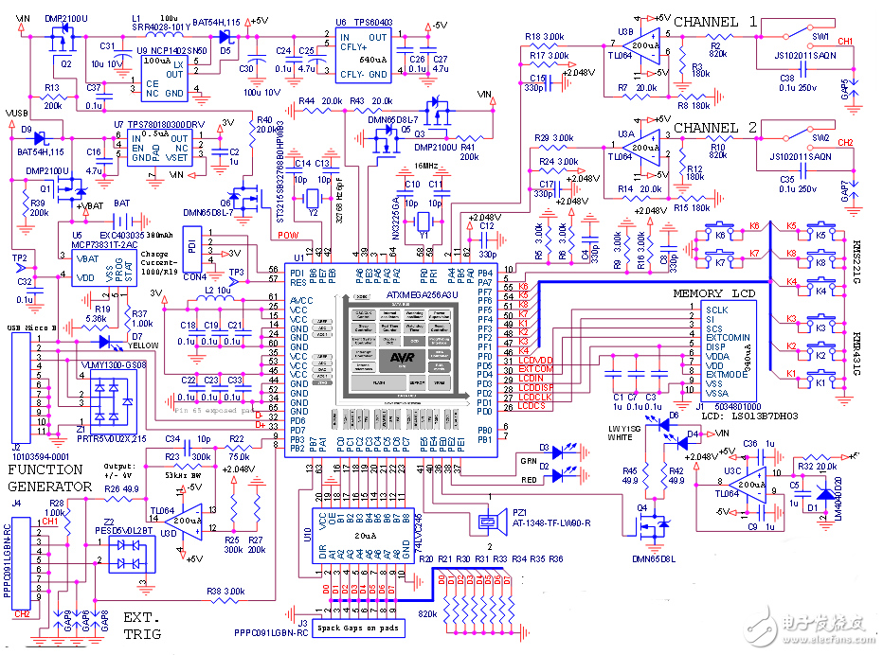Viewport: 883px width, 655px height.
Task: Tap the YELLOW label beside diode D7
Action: [144, 345]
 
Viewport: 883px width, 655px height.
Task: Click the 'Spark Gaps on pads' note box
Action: [360, 628]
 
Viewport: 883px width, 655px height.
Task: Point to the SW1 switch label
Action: [820, 35]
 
